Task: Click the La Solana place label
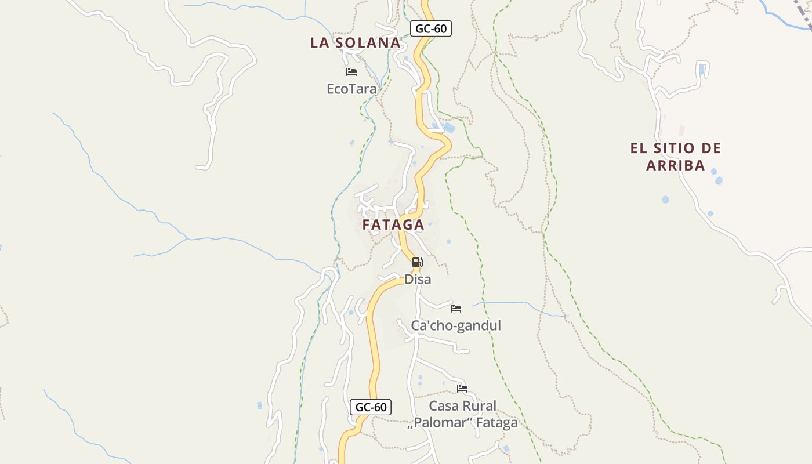(x=355, y=42)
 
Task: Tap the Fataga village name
(x=393, y=224)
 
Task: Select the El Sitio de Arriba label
(x=676, y=157)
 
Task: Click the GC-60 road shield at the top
(x=430, y=28)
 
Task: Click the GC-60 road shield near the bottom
(x=371, y=407)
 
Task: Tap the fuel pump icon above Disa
(x=417, y=262)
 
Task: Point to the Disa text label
(x=418, y=279)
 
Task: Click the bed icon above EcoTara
(x=351, y=72)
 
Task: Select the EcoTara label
(x=351, y=89)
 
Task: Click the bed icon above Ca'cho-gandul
(x=456, y=309)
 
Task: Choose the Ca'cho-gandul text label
(x=456, y=325)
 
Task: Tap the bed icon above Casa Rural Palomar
(x=462, y=389)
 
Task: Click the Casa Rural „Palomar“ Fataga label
(x=462, y=414)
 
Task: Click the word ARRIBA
(x=676, y=165)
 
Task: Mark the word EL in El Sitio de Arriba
(x=638, y=148)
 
